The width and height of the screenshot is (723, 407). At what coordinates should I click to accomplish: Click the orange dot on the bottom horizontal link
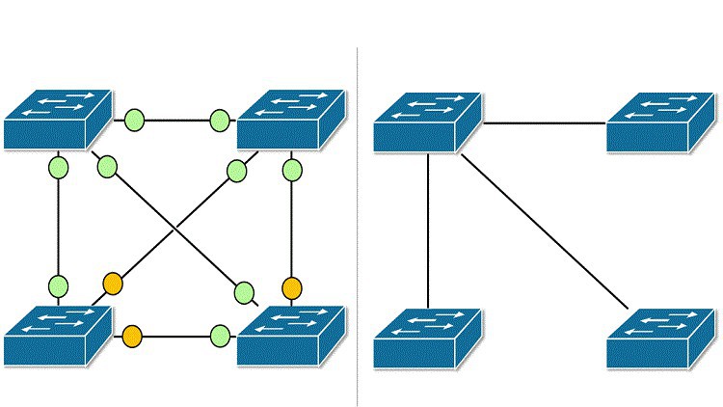[132, 337]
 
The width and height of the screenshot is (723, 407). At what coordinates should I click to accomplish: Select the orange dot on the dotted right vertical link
[292, 287]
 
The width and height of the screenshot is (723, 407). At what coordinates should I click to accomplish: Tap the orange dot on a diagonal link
[113, 284]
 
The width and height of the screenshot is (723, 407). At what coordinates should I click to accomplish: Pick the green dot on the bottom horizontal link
[220, 337]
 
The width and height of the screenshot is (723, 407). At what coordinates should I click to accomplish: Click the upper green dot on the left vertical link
[58, 168]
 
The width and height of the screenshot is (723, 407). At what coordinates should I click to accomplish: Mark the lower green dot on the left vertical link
[58, 285]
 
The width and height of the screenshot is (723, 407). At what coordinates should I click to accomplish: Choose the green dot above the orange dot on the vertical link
[292, 172]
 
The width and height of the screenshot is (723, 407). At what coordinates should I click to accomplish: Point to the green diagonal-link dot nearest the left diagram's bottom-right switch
[244, 291]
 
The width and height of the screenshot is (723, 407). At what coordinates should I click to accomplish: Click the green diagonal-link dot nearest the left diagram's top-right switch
[237, 172]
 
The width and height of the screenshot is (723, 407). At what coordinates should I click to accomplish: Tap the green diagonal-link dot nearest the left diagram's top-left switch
[107, 167]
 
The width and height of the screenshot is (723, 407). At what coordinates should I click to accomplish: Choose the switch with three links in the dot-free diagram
[427, 122]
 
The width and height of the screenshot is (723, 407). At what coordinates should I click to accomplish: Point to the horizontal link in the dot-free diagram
[545, 123]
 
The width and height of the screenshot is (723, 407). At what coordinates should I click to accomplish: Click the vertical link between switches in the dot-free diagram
[428, 231]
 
